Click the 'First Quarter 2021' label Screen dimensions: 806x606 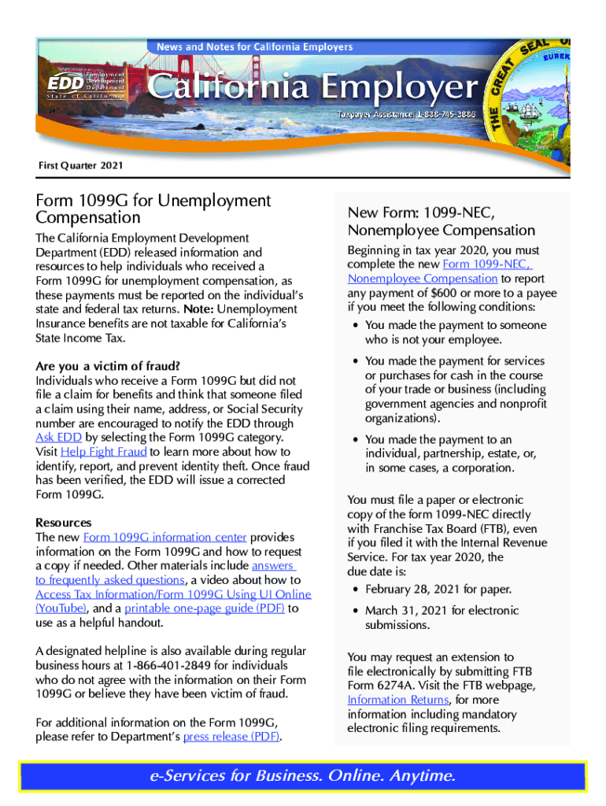pos(80,166)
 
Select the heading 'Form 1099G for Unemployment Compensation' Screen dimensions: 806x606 pos(153,209)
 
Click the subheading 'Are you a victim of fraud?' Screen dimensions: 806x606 pos(108,366)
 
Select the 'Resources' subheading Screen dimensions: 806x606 pos(64,523)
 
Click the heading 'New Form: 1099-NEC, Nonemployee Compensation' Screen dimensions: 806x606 pos(441,222)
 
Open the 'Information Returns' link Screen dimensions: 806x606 pos(397,700)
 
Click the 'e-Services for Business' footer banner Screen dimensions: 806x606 pos(302,776)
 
